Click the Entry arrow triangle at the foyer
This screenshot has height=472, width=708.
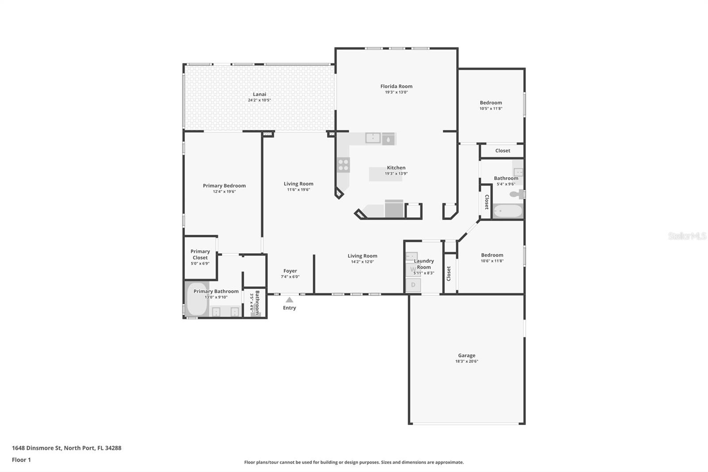(289, 300)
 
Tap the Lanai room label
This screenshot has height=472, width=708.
(259, 94)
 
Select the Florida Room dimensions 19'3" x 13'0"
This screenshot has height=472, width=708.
(396, 93)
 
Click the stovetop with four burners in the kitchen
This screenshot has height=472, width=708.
(343, 165)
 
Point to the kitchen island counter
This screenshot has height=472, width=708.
(386, 174)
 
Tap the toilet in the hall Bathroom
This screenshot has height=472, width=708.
(516, 194)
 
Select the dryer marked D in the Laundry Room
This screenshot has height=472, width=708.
(413, 285)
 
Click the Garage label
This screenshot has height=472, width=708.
(466, 355)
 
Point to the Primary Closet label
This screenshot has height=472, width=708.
(200, 254)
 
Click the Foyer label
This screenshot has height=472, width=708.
(290, 271)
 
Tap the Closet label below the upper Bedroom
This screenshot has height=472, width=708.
(503, 151)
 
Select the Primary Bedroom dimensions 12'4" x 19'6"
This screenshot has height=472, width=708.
(224, 192)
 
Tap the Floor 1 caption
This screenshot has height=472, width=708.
(21, 460)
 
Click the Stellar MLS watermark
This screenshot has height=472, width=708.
(687, 236)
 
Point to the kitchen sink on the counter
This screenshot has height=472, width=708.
(373, 138)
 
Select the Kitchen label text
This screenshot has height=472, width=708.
(396, 167)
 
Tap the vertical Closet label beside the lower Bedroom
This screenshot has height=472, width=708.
(448, 273)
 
